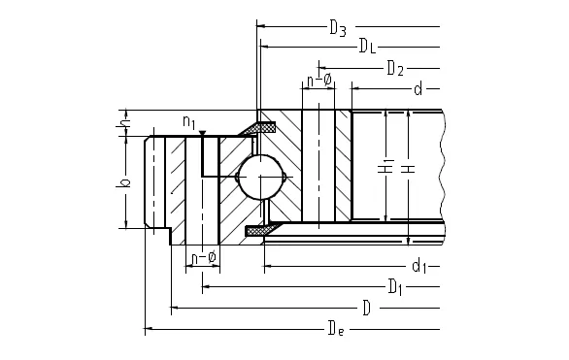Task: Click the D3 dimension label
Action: pos(338,28)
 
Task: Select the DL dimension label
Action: pos(367,46)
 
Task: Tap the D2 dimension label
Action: pos(395,68)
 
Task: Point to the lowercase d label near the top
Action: pos(418,88)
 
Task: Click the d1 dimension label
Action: pos(419,266)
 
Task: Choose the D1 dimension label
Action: pos(395,287)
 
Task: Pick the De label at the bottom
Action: pos(336,328)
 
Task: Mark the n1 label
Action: pos(189,121)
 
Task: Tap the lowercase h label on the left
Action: pos(122,123)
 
